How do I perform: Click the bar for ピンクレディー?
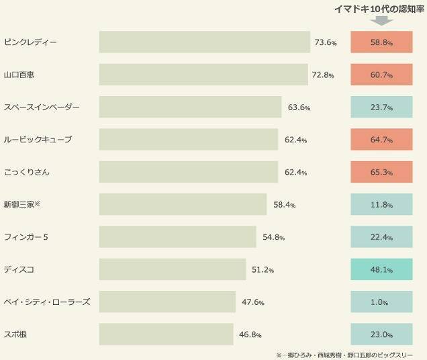point(205,42)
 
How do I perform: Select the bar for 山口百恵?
point(203,75)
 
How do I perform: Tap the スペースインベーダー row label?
point(42,107)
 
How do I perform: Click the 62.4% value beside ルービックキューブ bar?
point(295,140)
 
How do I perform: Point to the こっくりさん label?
point(26,173)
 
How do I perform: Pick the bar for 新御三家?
point(183,205)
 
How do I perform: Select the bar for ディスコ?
point(173,269)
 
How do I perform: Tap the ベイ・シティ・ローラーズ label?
point(46,302)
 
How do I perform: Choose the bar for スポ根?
point(166,334)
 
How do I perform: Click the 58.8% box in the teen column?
point(381,42)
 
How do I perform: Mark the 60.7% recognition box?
point(381,75)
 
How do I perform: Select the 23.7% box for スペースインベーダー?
point(381,107)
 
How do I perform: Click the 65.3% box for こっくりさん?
point(381,173)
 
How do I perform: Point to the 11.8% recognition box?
point(381,205)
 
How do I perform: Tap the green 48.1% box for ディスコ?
point(381,269)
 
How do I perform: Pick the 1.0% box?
point(381,302)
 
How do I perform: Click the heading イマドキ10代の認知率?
point(381,8)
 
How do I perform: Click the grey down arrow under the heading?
point(381,21)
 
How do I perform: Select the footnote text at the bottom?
point(344,355)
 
